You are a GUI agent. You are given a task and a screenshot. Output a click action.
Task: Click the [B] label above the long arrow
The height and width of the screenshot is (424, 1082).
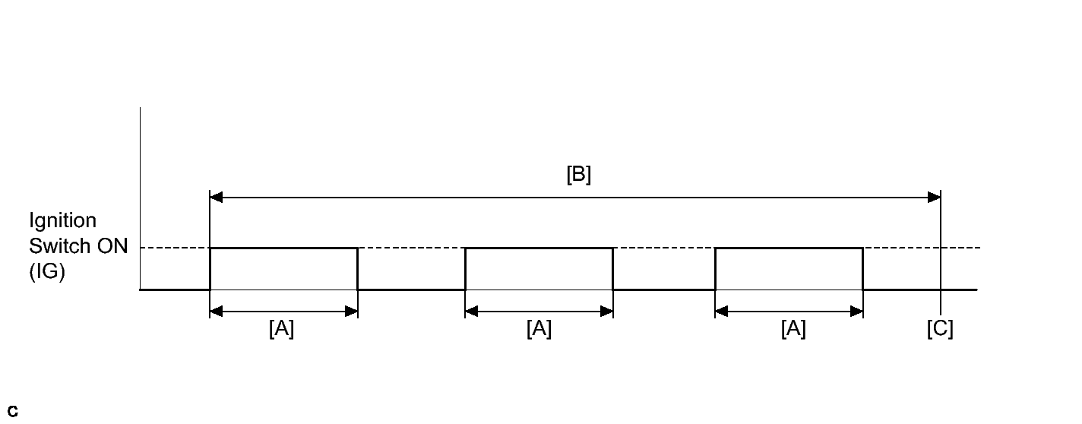(x=578, y=175)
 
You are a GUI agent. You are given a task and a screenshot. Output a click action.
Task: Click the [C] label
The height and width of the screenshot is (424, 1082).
(x=940, y=330)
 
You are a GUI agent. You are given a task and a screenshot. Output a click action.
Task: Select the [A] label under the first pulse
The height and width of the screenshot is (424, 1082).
(x=281, y=330)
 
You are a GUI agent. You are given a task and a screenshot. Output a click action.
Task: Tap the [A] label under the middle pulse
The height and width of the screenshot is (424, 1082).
(x=539, y=330)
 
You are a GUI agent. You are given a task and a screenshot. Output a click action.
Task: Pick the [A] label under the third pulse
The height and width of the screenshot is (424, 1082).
(x=793, y=330)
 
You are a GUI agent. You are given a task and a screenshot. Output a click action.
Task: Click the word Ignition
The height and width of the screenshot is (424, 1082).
(x=63, y=220)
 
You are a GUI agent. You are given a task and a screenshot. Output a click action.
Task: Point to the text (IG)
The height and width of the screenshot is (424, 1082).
(x=47, y=272)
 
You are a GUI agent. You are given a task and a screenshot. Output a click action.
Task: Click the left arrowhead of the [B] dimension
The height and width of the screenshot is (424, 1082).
(x=216, y=198)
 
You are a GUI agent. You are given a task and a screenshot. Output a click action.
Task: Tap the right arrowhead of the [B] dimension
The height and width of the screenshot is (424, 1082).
(x=935, y=198)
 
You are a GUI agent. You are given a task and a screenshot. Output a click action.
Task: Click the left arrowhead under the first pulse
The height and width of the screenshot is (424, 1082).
(x=216, y=311)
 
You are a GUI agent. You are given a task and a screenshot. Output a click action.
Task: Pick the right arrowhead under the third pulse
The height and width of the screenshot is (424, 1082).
(x=856, y=311)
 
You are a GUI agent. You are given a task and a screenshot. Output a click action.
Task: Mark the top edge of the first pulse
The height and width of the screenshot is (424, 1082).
(x=283, y=248)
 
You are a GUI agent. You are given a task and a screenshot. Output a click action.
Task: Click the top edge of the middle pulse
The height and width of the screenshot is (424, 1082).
(x=539, y=248)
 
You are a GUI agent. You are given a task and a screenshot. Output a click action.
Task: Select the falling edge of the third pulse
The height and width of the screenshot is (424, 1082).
(x=862, y=269)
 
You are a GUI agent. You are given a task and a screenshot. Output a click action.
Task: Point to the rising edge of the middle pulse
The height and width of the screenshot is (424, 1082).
(x=465, y=269)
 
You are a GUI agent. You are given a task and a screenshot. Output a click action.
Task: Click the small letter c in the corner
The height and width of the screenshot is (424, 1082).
(x=12, y=413)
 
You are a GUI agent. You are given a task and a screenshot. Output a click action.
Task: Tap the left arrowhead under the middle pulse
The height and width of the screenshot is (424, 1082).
(x=471, y=311)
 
